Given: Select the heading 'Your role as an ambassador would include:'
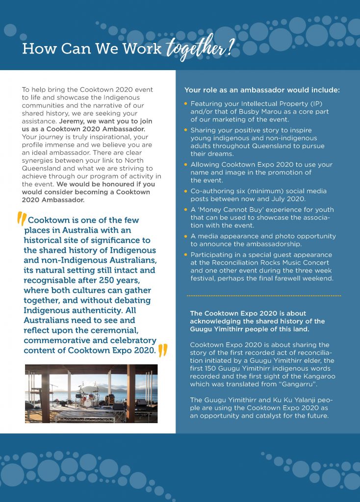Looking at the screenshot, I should (x=262, y=90).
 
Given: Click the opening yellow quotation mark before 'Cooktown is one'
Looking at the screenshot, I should (x=22, y=221).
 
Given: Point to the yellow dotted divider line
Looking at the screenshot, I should (x=263, y=296).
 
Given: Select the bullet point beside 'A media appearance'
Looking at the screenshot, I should (x=186, y=236).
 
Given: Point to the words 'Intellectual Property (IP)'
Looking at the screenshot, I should (x=278, y=104).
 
